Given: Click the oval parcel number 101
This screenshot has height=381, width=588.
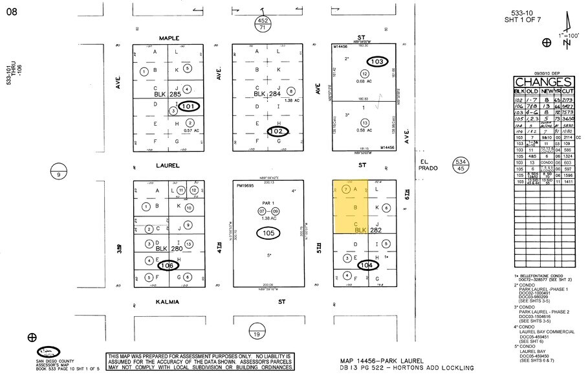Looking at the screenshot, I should coord(190,106).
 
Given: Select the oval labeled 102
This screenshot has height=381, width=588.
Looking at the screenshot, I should coord(278,132).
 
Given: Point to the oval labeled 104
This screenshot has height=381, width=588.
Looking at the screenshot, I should coord(367,264).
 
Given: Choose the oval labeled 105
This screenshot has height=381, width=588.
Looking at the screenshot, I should coord(269,233).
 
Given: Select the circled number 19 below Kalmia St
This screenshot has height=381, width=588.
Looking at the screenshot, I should coord(256,334).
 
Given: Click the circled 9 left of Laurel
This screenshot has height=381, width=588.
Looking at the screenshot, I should coord(58,173).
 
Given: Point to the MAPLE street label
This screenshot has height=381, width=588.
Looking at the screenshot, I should coord(164,38).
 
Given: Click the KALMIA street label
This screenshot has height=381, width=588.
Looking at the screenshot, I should coord(166,301).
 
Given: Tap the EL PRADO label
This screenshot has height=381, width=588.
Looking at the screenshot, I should coord(428,165).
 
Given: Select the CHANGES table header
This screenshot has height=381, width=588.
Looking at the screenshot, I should coord(543,82).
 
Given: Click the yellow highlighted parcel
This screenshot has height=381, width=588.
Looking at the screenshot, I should coord(349,207).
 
